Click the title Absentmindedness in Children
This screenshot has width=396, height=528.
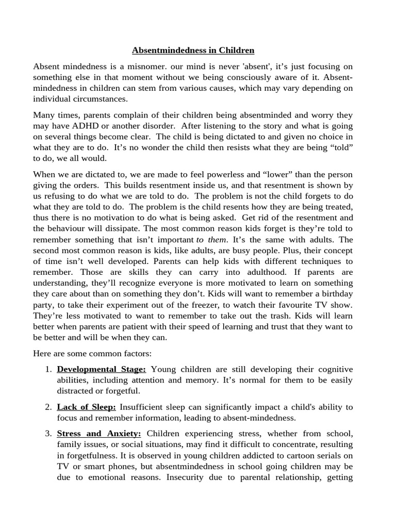click(193, 51)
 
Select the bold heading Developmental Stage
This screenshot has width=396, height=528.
click(102, 369)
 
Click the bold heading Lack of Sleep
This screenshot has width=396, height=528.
click(87, 407)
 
